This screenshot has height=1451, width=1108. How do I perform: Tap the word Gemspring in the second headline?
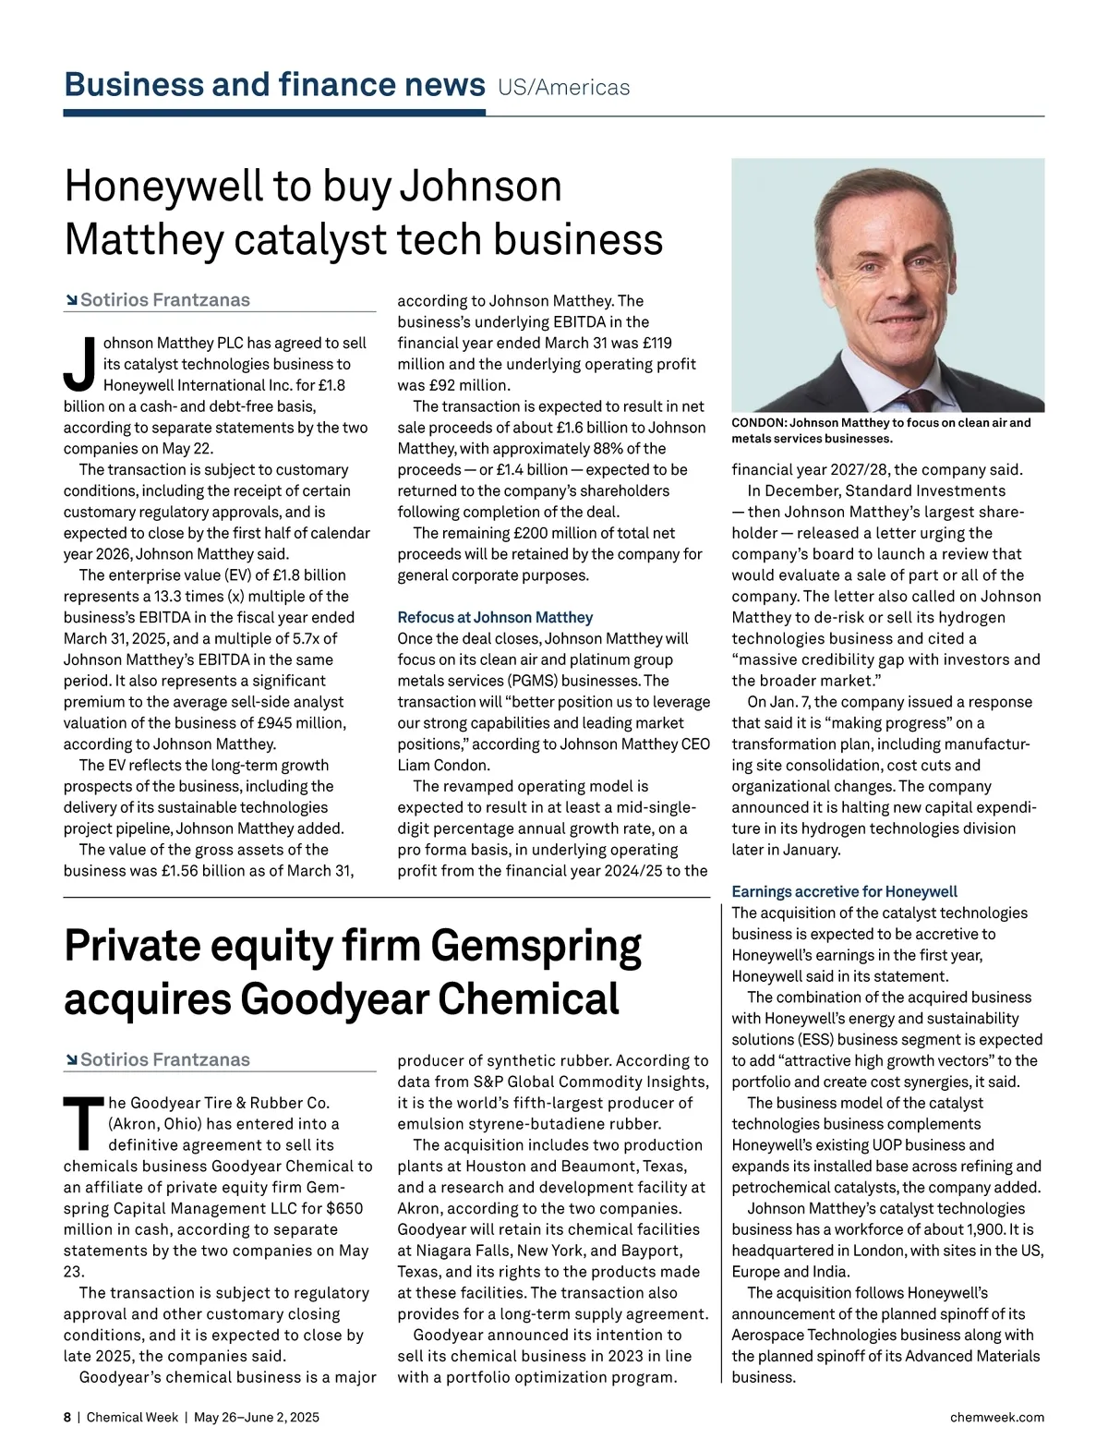(x=536, y=947)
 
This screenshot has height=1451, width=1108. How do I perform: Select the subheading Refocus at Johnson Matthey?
(x=495, y=617)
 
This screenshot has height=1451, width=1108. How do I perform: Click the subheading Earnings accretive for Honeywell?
(x=844, y=891)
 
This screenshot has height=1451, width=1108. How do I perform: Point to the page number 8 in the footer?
(x=67, y=1417)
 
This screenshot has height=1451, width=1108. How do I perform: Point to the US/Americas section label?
(x=563, y=88)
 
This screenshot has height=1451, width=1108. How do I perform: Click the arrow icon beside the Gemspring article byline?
(x=71, y=1059)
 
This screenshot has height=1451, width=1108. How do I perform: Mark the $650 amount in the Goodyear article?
(x=343, y=1208)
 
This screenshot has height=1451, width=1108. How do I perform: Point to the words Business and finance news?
(x=274, y=85)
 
